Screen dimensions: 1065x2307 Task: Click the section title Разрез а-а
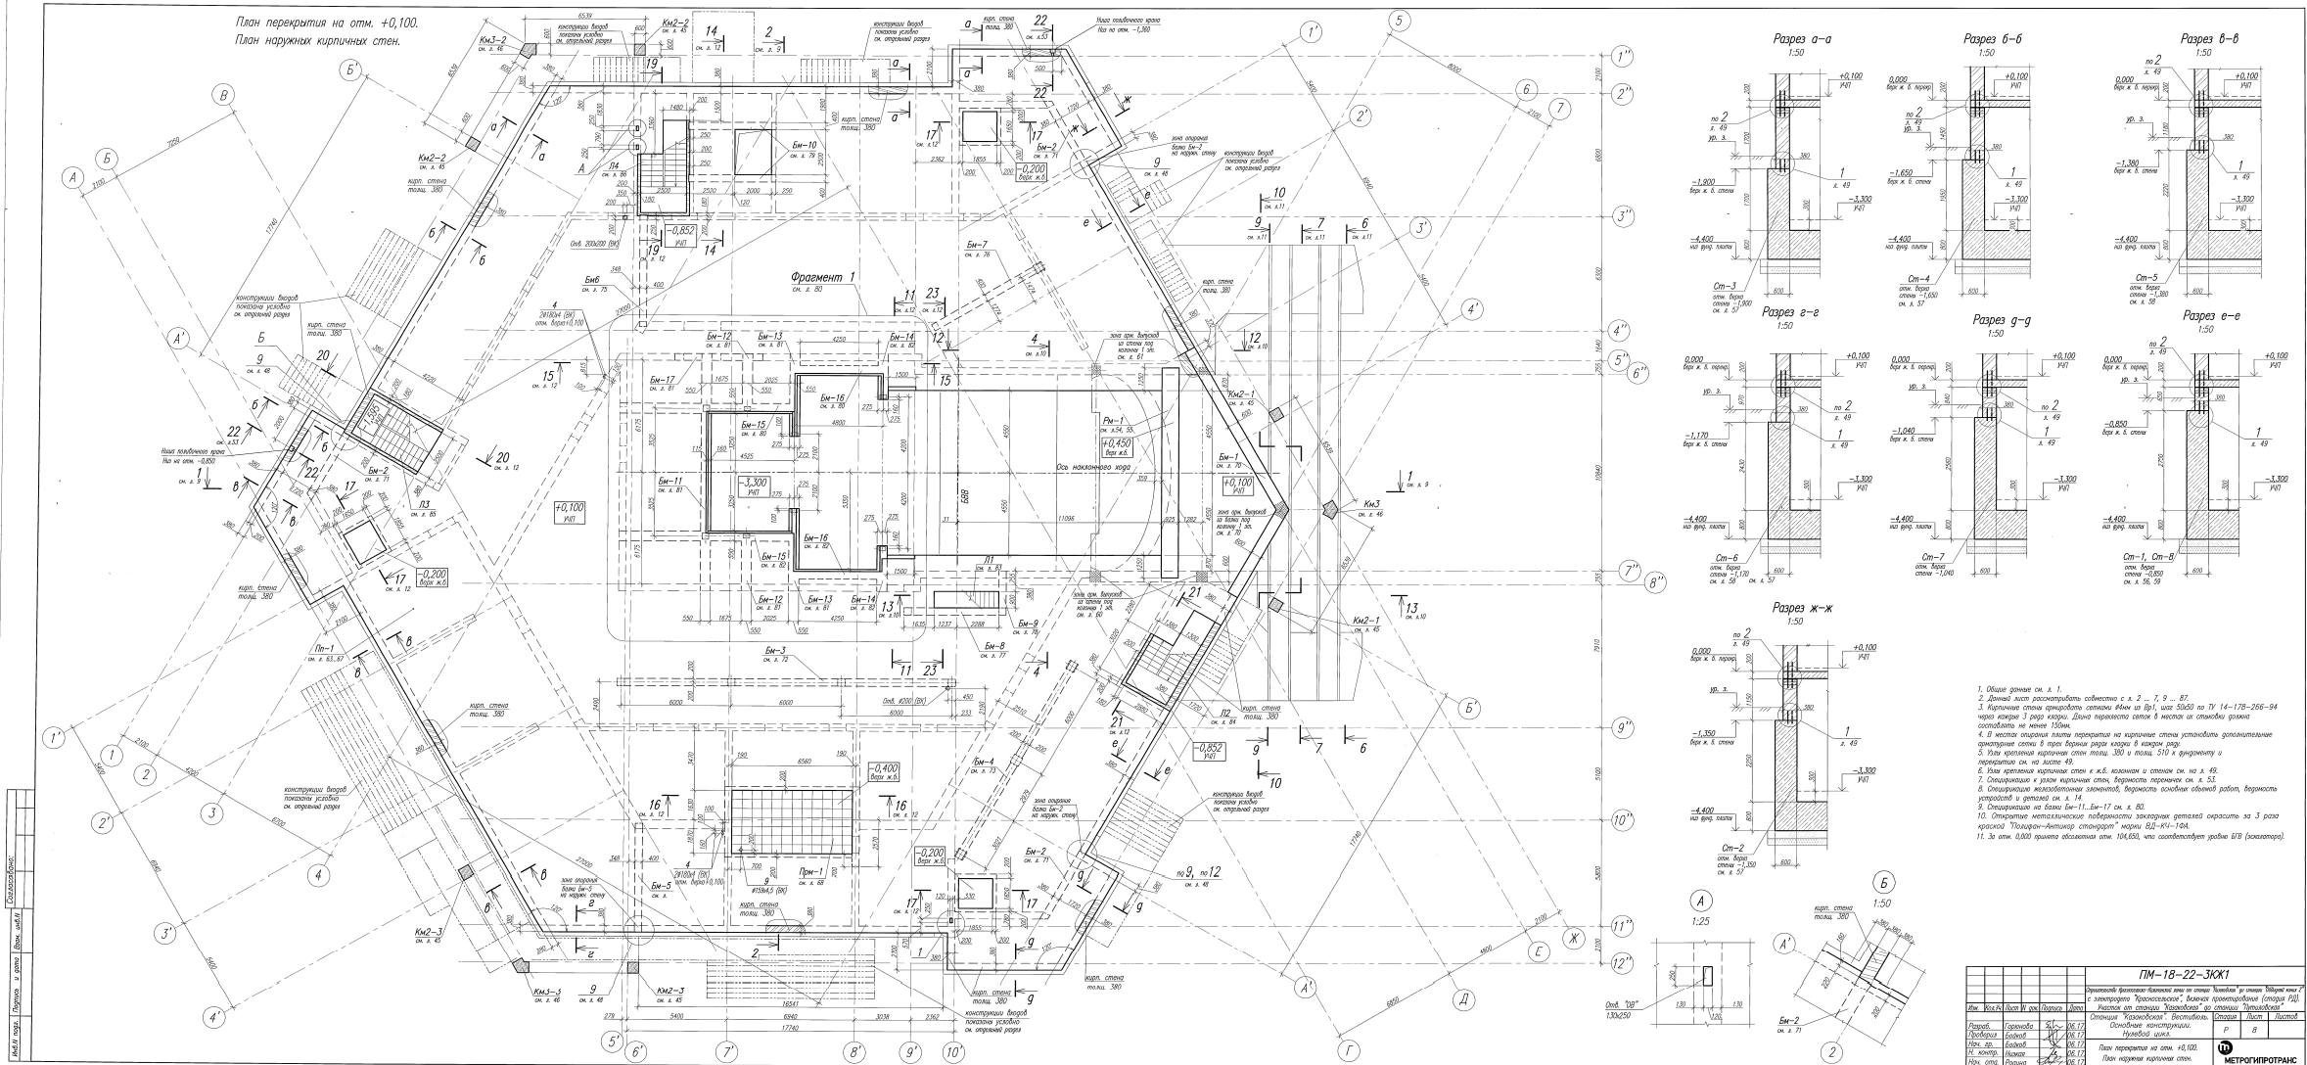(x=1802, y=39)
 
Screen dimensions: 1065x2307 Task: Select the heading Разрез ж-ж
(x=1802, y=609)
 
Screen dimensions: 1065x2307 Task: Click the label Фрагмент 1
(x=822, y=278)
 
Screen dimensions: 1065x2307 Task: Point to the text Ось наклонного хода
(x=1094, y=467)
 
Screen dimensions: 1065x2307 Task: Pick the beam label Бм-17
(x=662, y=380)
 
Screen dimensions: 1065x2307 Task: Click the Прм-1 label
(x=810, y=872)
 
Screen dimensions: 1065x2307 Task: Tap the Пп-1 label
(x=324, y=648)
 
